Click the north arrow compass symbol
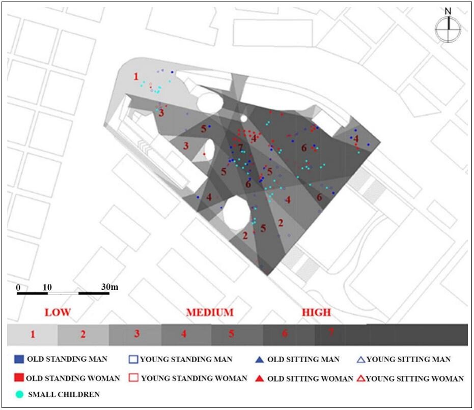448,28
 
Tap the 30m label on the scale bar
109,287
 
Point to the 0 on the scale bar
18,287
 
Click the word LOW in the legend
57,312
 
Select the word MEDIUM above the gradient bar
210,312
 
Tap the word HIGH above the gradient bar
316,312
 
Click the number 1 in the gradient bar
33,334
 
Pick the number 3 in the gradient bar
137,334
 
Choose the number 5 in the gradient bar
231,334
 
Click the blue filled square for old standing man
19,359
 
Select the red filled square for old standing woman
19,378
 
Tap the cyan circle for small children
19,394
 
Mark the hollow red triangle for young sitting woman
360,378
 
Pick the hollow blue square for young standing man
133,360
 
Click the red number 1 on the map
136,77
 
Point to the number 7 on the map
240,148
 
